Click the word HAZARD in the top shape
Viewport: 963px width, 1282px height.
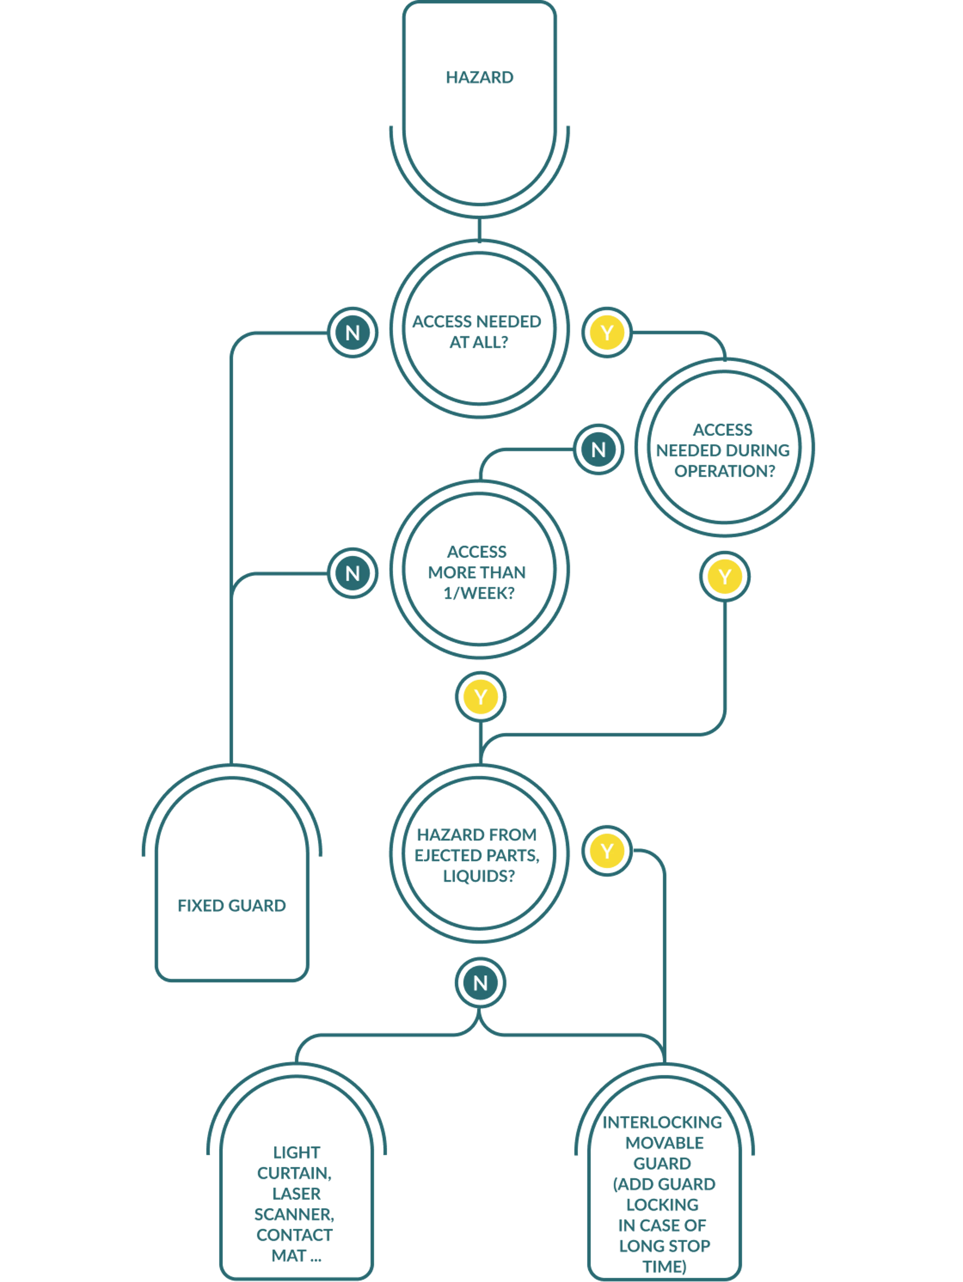tap(479, 77)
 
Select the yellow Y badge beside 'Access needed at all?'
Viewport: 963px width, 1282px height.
tap(607, 333)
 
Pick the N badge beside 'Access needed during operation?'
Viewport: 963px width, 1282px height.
tap(598, 449)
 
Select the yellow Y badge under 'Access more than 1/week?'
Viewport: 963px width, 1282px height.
tap(480, 697)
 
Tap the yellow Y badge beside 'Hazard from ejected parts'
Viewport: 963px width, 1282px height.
tap(607, 851)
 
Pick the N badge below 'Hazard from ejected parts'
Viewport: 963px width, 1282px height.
tap(480, 983)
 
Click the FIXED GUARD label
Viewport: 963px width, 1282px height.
tap(231, 905)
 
